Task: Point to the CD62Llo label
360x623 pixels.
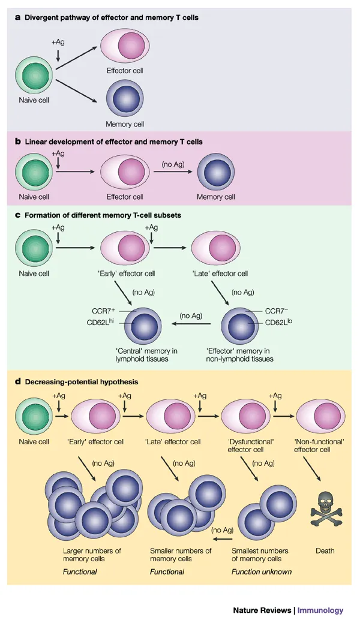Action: coord(278,322)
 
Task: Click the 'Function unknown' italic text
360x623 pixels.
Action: coord(262,571)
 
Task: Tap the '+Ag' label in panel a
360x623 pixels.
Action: coord(58,43)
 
